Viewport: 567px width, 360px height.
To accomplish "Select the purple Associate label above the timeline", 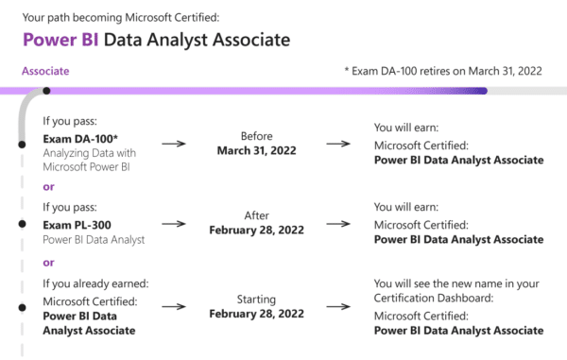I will (x=44, y=71).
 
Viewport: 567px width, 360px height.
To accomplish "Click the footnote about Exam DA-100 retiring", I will (x=443, y=71).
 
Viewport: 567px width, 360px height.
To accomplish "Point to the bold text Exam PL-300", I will (x=76, y=224).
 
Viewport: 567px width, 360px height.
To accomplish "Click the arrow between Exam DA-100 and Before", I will (x=173, y=144).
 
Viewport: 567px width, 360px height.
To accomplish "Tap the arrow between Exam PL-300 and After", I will (x=173, y=225).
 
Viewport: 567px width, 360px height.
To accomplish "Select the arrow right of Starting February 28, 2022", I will (x=338, y=307).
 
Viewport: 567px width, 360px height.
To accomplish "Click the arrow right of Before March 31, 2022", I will (x=338, y=144).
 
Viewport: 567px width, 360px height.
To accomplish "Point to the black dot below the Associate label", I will (x=47, y=92).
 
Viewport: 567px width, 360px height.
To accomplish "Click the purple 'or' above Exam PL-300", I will (x=48, y=186).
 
